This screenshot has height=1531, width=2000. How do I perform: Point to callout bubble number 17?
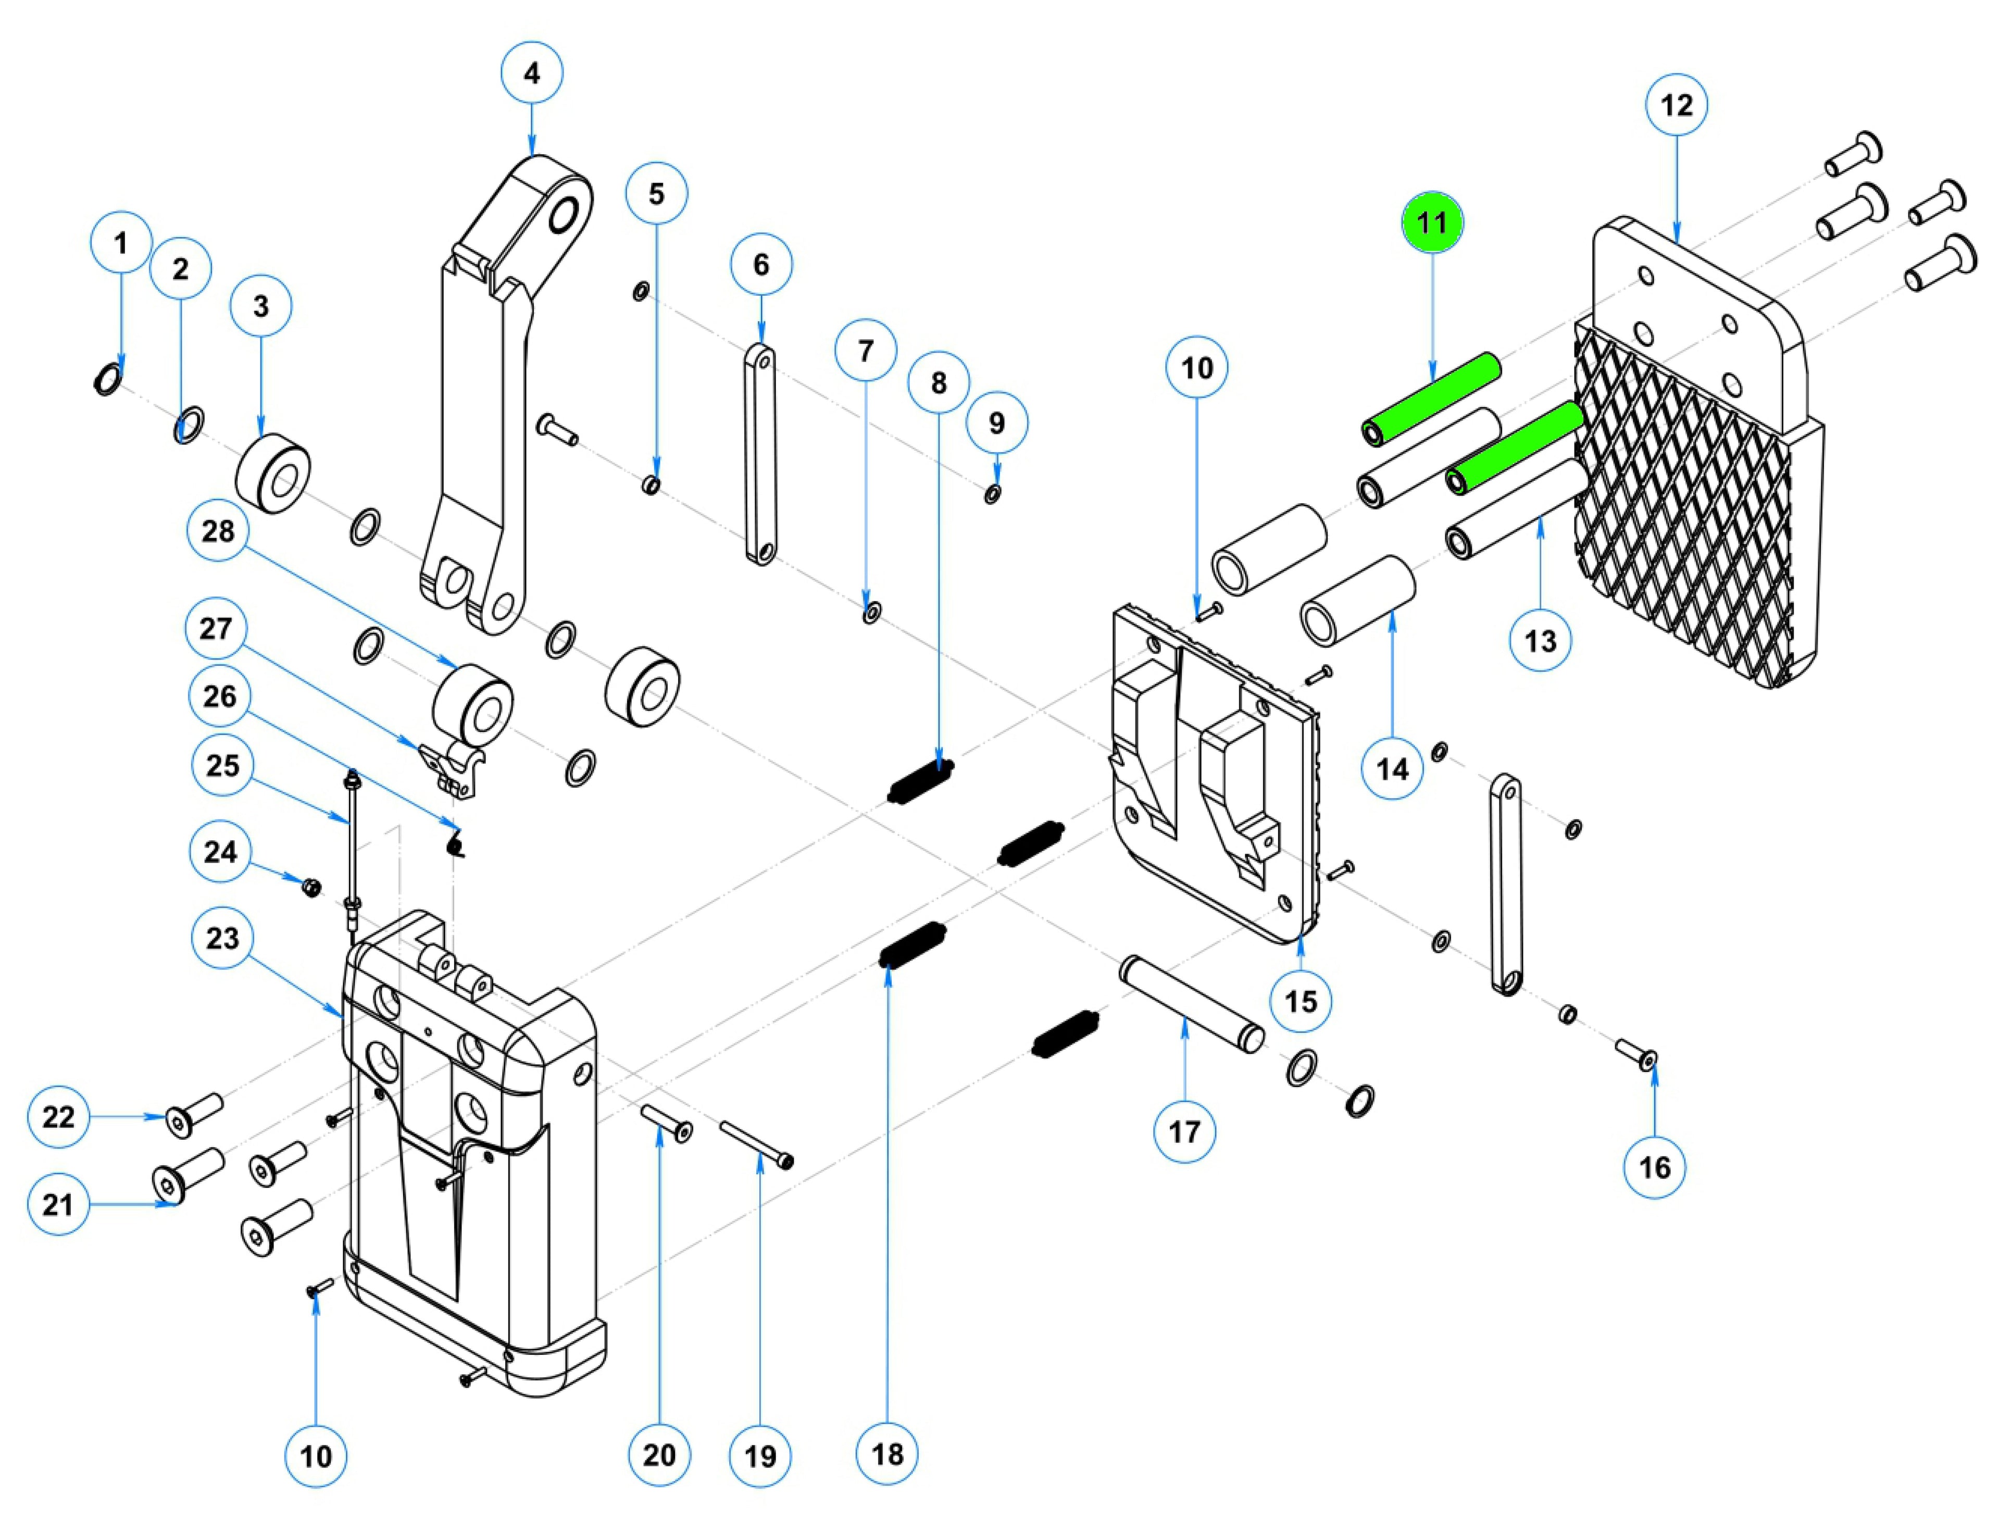coord(1184,1132)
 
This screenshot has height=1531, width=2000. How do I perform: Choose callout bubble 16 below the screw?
coord(1655,1167)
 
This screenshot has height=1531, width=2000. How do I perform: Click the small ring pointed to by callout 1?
coord(107,378)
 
